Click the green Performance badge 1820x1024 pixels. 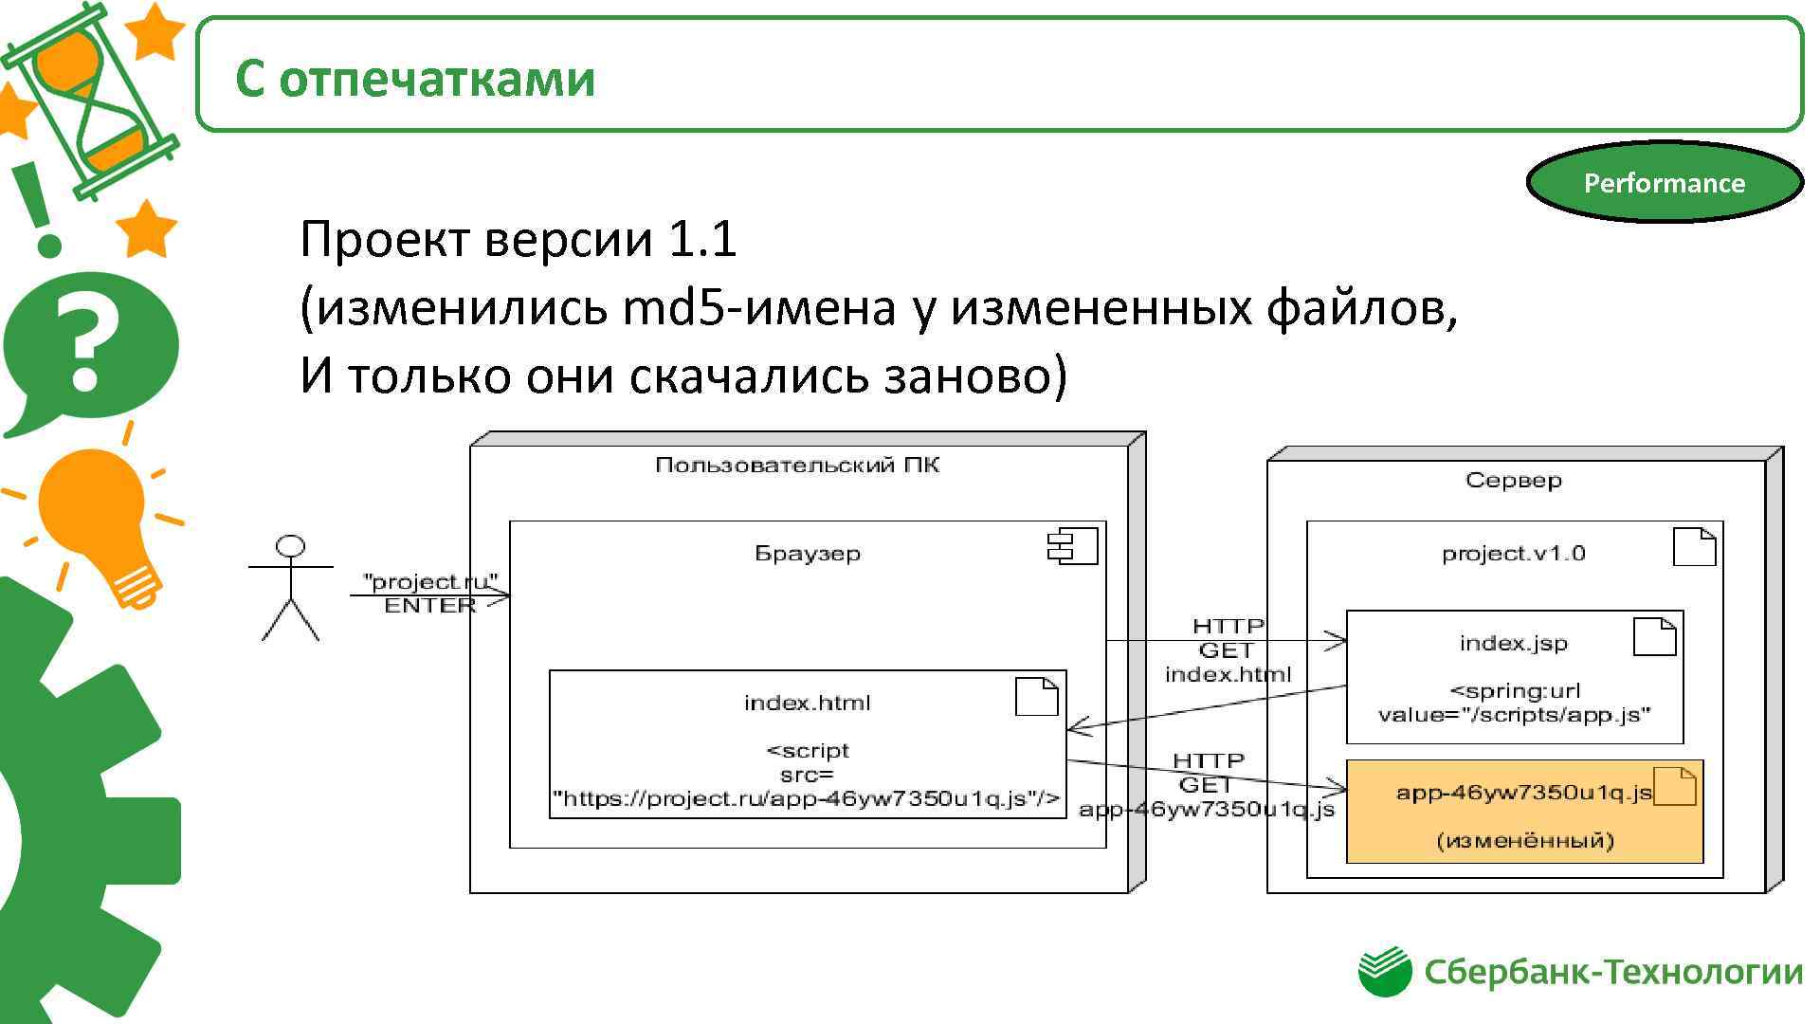[1664, 182]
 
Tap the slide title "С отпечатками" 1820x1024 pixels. [414, 78]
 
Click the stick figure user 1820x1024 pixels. [291, 589]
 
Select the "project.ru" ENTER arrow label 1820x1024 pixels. [430, 594]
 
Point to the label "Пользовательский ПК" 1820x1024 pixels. [797, 465]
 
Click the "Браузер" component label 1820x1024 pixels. [808, 553]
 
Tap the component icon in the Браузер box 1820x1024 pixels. [1072, 547]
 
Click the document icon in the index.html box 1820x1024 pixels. [1036, 697]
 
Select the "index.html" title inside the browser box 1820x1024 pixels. [807, 703]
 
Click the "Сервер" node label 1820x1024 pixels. [1513, 480]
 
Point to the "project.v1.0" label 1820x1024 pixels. [1513, 553]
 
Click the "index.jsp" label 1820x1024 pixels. [1513, 643]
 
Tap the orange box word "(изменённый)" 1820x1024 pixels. [1524, 840]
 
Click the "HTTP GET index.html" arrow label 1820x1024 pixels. [1228, 650]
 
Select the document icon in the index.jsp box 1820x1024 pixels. [1655, 636]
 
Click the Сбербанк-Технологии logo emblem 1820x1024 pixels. [1385, 972]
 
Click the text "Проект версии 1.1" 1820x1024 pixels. [518, 238]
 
